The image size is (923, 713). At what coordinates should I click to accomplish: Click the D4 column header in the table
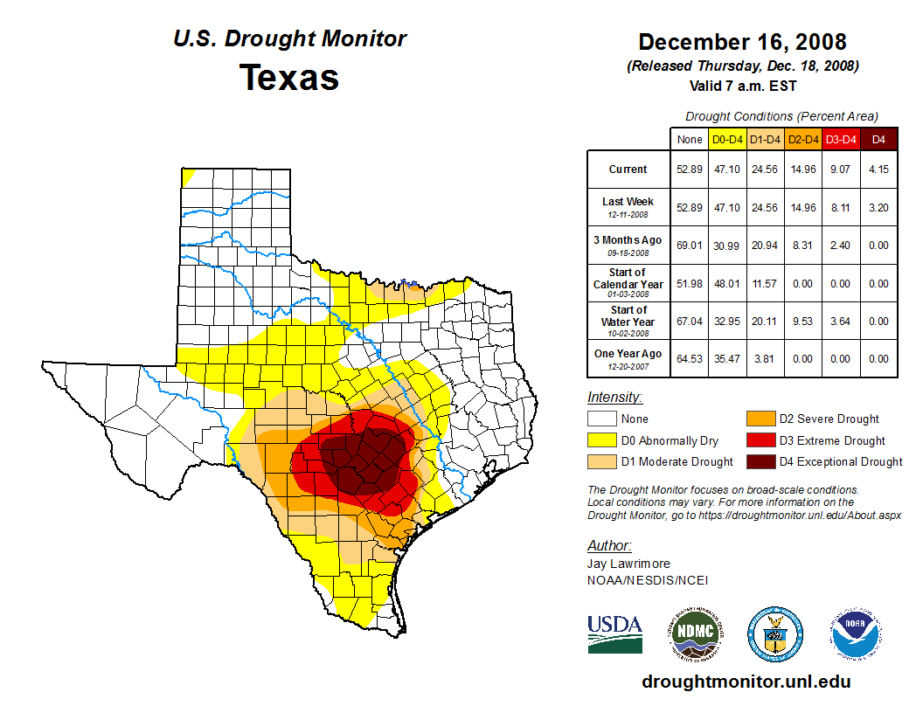click(878, 139)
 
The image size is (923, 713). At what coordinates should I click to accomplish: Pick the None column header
click(689, 139)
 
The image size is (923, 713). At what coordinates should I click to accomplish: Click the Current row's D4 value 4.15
click(878, 170)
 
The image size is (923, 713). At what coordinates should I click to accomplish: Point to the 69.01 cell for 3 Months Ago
click(689, 246)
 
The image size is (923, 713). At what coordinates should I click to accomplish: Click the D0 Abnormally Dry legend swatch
click(600, 440)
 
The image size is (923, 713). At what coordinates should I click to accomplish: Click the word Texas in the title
click(289, 77)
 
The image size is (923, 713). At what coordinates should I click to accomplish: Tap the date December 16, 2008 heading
click(742, 41)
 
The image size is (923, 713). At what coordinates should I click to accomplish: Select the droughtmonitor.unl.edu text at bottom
click(746, 682)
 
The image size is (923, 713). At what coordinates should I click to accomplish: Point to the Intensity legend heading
click(615, 398)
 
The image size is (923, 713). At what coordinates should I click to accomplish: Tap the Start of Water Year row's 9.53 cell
click(802, 321)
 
